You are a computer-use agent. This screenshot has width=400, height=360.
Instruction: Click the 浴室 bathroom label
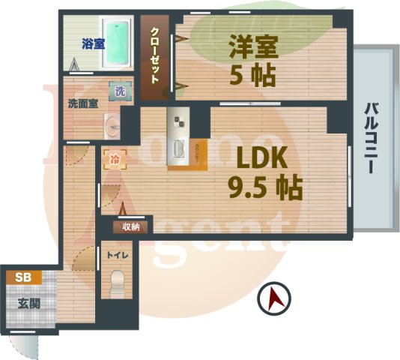[93, 43]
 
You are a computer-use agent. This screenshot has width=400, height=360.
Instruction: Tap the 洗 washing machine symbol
[120, 91]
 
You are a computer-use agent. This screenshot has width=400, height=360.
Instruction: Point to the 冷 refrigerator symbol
[114, 159]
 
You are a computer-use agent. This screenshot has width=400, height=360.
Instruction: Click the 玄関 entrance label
[28, 304]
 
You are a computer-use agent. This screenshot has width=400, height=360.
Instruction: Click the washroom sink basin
[111, 126]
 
